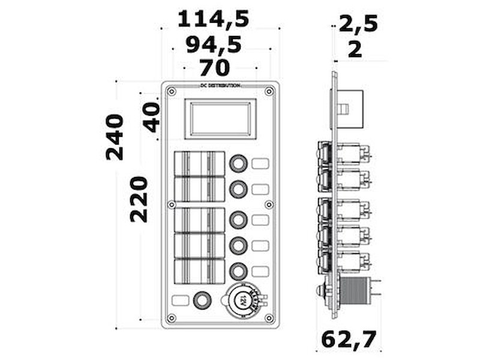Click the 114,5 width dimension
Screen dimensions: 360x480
tap(213, 19)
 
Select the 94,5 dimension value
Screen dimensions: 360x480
tap(213, 44)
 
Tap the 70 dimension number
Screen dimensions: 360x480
tap(214, 67)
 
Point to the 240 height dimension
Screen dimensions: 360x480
tap(115, 137)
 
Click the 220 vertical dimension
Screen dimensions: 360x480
tap(139, 199)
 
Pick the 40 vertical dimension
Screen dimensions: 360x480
tap(151, 117)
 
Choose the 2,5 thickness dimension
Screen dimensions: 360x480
tap(358, 24)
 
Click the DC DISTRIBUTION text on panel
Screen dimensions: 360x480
tap(220, 86)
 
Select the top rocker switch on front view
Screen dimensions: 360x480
tap(199, 163)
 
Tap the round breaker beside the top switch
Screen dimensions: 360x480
tap(238, 163)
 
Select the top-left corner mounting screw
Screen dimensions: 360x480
tap(172, 91)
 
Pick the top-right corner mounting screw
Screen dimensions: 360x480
tap(269, 91)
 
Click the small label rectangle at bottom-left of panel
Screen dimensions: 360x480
tap(179, 300)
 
